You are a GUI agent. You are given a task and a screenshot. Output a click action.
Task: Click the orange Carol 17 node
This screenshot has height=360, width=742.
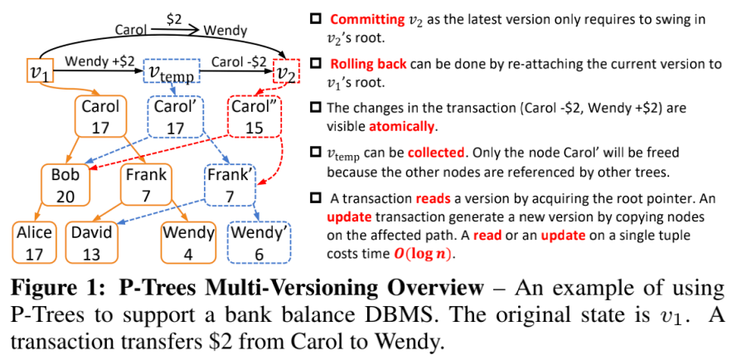[101, 115]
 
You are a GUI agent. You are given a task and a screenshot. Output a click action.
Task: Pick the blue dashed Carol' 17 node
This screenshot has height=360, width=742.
[175, 115]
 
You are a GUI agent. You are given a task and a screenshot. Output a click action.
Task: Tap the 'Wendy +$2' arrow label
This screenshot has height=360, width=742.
[100, 61]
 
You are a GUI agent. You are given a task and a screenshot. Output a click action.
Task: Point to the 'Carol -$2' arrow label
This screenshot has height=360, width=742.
[239, 61]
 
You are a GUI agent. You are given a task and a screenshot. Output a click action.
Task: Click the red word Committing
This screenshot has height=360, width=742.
[368, 19]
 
